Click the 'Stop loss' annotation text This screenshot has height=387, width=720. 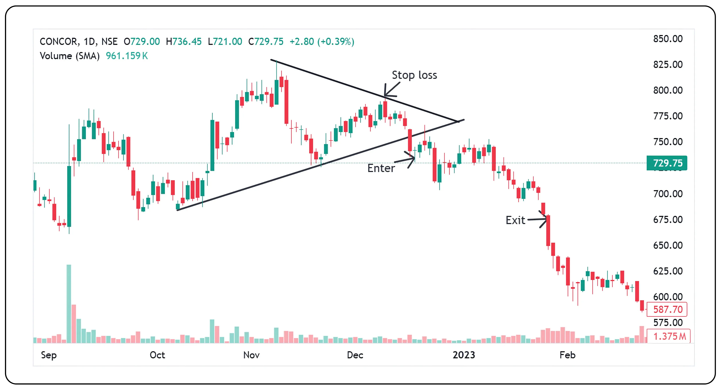(414, 75)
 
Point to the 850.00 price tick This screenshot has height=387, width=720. (668, 39)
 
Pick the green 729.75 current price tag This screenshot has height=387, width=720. (667, 163)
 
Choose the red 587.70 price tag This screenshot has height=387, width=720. (667, 309)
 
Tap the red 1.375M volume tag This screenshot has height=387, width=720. (669, 336)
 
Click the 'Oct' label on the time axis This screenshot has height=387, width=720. (157, 355)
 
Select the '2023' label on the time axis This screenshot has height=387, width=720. (464, 355)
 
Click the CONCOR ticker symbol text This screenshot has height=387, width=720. (58, 42)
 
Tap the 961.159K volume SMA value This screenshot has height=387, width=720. (127, 56)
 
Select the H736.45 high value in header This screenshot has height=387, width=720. (184, 42)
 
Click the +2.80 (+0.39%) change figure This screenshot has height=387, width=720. (322, 42)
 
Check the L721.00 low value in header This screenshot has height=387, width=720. (225, 42)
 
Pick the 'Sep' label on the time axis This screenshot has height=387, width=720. (49, 355)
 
